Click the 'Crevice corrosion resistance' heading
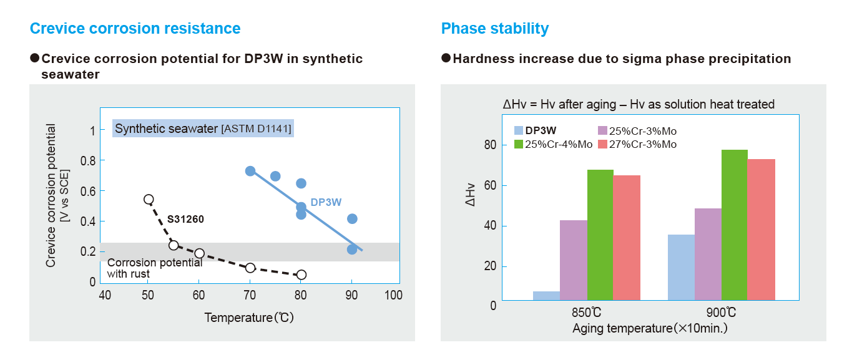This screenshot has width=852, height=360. click(x=135, y=29)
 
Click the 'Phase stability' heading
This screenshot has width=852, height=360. click(x=494, y=29)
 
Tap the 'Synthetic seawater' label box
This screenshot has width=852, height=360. click(x=202, y=129)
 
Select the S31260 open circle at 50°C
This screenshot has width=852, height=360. click(x=149, y=200)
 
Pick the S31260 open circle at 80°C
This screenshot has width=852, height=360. click(x=301, y=275)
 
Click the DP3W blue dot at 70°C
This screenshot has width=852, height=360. click(x=250, y=171)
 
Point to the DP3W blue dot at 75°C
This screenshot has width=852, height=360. click(x=275, y=176)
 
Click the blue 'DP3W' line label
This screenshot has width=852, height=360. click(x=326, y=202)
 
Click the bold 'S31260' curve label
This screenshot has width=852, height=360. click(x=185, y=220)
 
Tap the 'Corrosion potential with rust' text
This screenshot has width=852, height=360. click(x=154, y=268)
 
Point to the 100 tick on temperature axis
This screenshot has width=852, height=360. click(x=393, y=295)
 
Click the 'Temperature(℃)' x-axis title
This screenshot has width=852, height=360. click(x=248, y=318)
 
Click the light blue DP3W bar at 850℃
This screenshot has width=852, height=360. click(x=546, y=296)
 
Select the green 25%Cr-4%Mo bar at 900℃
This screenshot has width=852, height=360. click(x=734, y=225)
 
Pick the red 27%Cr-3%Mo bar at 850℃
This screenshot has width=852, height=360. click(x=627, y=238)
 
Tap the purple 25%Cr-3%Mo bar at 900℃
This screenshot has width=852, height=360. click(x=708, y=254)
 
